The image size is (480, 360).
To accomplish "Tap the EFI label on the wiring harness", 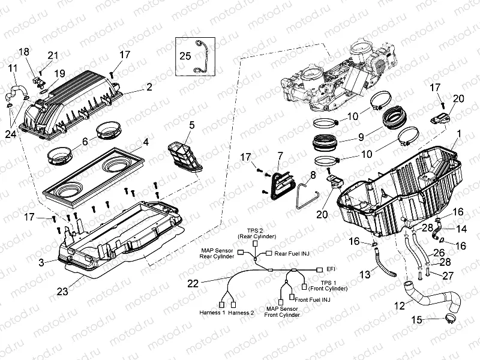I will [331, 269].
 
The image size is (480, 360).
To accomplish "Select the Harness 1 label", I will [212, 313].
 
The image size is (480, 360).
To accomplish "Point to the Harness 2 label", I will [241, 313].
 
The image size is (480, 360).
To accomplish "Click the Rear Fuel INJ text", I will [292, 253].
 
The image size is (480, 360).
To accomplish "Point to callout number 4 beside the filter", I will [145, 143].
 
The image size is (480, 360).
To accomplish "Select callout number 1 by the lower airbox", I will [459, 132].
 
